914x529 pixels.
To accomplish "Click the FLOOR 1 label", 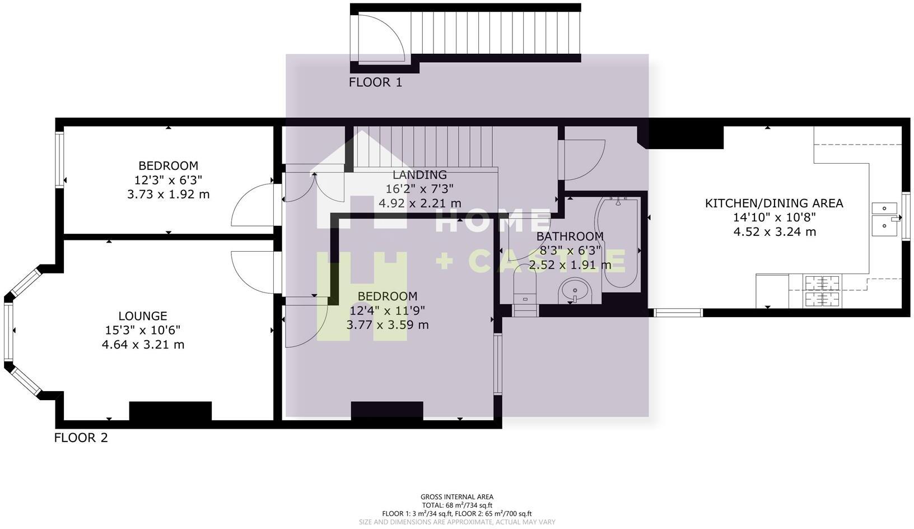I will point(375,82).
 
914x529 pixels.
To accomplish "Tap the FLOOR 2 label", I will point(81,438).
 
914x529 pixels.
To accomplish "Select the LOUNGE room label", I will point(143,316).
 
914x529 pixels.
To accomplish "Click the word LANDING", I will point(419,175).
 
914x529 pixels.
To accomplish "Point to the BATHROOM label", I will point(570,236).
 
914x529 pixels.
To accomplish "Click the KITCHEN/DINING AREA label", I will point(774,203).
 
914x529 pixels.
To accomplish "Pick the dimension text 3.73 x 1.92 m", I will point(168,194).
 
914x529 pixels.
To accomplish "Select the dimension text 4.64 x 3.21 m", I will point(143,345).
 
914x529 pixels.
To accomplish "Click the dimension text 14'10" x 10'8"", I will point(774,217).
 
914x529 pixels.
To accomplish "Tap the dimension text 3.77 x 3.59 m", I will point(388,325).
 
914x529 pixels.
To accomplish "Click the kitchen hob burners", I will point(822,291).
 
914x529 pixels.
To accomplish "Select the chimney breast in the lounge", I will point(170,411).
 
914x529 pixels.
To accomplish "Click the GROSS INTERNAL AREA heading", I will point(457,496).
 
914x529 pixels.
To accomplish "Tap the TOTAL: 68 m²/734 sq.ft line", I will point(457,505).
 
